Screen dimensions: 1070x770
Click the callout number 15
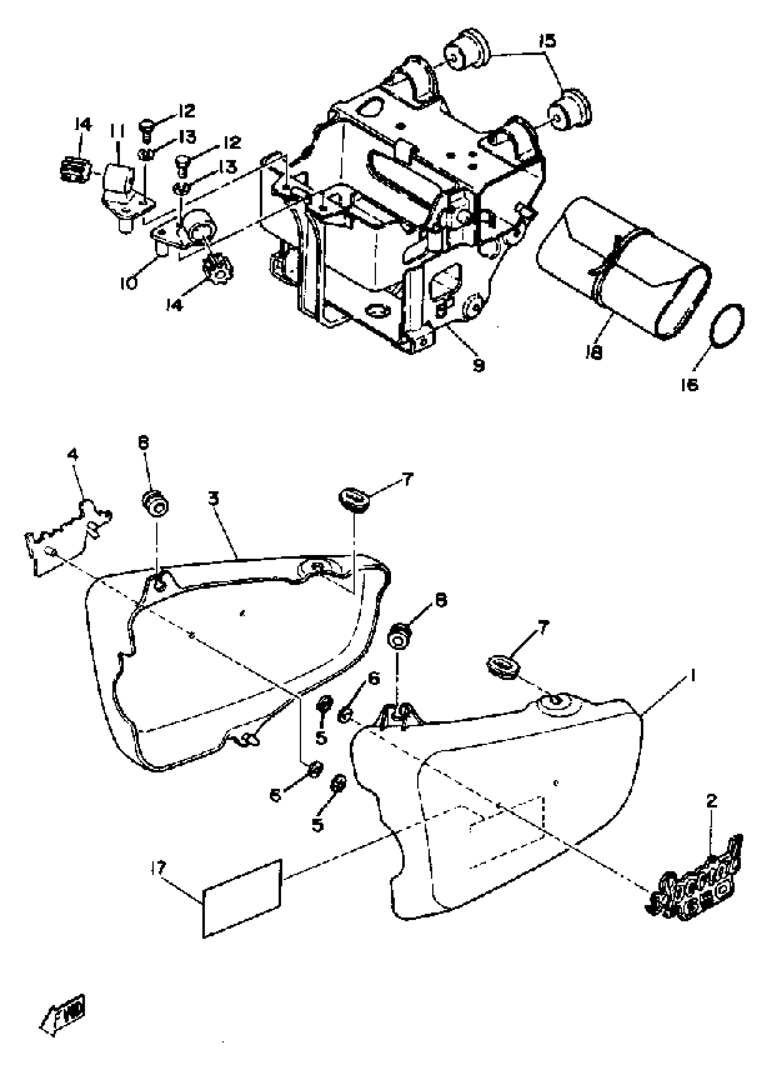pyautogui.click(x=547, y=43)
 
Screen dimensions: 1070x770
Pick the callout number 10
pyautogui.click(x=128, y=283)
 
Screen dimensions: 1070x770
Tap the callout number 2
pyautogui.click(x=712, y=800)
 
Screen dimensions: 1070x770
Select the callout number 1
pyautogui.click(x=692, y=676)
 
